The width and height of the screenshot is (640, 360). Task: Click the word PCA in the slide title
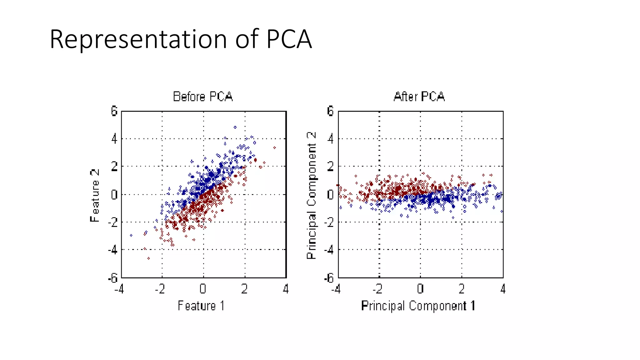tap(289, 39)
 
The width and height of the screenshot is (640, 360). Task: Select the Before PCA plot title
tap(203, 97)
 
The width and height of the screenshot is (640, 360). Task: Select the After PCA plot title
tap(419, 97)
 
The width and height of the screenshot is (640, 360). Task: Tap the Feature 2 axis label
tap(94, 196)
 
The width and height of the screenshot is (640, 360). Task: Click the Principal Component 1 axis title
tap(418, 306)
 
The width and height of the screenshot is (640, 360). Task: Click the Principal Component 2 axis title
tap(312, 196)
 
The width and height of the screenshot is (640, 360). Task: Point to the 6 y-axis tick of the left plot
tap(114, 111)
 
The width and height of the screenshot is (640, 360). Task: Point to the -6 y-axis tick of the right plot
tap(329, 277)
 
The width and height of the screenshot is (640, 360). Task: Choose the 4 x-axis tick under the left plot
tap(285, 289)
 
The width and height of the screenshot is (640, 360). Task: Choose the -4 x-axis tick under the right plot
tap(336, 289)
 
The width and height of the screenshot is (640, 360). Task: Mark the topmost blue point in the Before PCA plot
tap(235, 127)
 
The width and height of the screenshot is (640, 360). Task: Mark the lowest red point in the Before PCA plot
tap(148, 258)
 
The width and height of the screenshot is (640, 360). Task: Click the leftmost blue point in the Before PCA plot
tap(131, 235)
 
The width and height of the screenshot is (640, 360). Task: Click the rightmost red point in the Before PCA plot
tap(274, 147)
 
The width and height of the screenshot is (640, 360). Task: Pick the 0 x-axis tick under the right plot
tap(420, 289)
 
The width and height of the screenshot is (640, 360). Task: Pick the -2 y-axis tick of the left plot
tap(113, 222)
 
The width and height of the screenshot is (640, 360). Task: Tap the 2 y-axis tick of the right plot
tap(330, 166)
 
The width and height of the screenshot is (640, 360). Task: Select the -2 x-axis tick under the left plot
tap(160, 289)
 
